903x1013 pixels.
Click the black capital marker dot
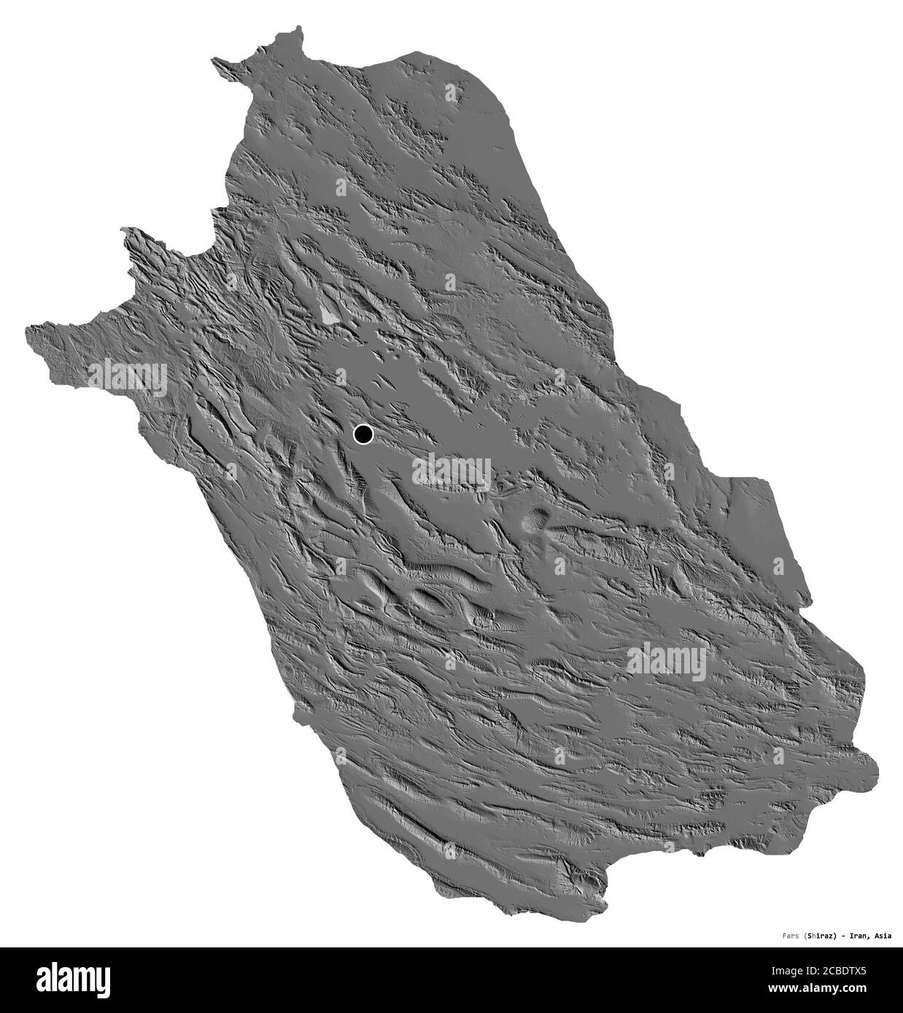pos(363,435)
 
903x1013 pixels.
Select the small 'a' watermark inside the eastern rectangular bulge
pos(778,566)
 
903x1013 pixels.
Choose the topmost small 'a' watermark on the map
pos(450,92)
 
